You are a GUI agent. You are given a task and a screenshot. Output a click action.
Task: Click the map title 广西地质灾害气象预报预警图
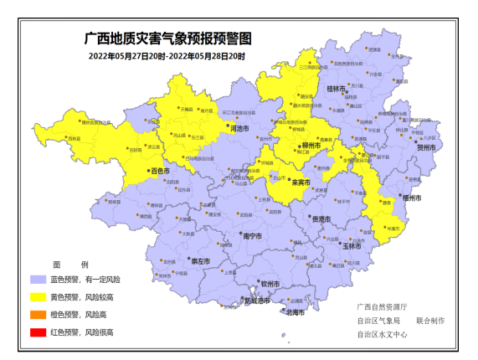(168, 39)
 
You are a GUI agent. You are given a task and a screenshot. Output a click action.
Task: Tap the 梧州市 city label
(410, 198)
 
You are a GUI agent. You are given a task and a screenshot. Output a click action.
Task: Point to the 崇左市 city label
(200, 261)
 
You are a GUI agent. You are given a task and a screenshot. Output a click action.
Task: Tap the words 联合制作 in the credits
(430, 321)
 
